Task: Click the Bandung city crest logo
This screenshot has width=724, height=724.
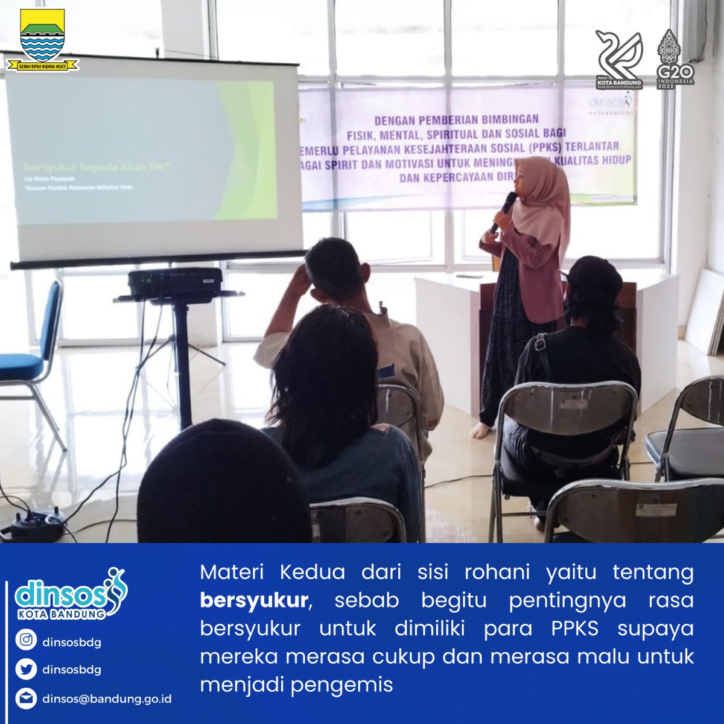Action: pos(42,40)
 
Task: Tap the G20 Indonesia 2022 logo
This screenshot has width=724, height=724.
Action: pos(675,59)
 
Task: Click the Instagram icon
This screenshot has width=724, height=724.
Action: pos(26,641)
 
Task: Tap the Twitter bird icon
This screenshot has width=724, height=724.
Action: pos(26,668)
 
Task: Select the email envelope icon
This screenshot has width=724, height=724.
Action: pos(26,699)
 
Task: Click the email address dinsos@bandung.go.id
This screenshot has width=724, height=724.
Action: pos(107,699)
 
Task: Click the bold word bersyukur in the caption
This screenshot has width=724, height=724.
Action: pos(254,600)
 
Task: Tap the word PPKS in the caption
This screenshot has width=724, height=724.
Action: pos(574,628)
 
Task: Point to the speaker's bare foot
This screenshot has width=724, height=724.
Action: pos(480,430)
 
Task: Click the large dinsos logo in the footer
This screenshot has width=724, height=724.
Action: pos(70,594)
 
